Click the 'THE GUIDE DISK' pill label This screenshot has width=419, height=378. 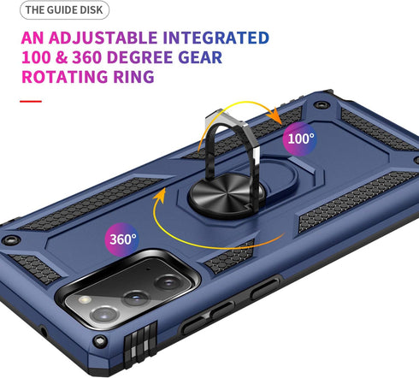pyautogui.click(x=64, y=10)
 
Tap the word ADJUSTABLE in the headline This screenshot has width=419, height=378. pyautogui.click(x=103, y=38)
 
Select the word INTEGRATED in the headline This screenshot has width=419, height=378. pyautogui.click(x=216, y=38)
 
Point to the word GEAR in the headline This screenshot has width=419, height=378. pyautogui.click(x=200, y=57)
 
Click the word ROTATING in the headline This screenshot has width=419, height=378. pyautogui.click(x=65, y=77)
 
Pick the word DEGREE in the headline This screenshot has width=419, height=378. pyautogui.click(x=140, y=57)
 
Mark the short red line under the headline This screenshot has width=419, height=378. pyautogui.click(x=31, y=101)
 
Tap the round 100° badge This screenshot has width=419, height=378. pyautogui.click(x=299, y=139)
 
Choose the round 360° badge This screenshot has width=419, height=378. pyautogui.click(x=122, y=239)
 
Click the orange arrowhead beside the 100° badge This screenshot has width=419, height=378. pyautogui.click(x=274, y=115)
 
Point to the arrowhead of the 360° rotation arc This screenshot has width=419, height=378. pyautogui.click(x=161, y=195)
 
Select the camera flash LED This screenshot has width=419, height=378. pyautogui.click(x=85, y=299)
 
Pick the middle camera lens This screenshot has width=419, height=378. pyautogui.click(x=135, y=298)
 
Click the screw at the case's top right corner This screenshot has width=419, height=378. pyautogui.click(x=321, y=104)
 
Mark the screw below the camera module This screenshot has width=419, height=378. pyautogui.click(x=100, y=340)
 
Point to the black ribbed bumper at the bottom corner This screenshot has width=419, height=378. pyautogui.click(x=140, y=340)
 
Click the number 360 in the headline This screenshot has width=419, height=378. pyautogui.click(x=87, y=57)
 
